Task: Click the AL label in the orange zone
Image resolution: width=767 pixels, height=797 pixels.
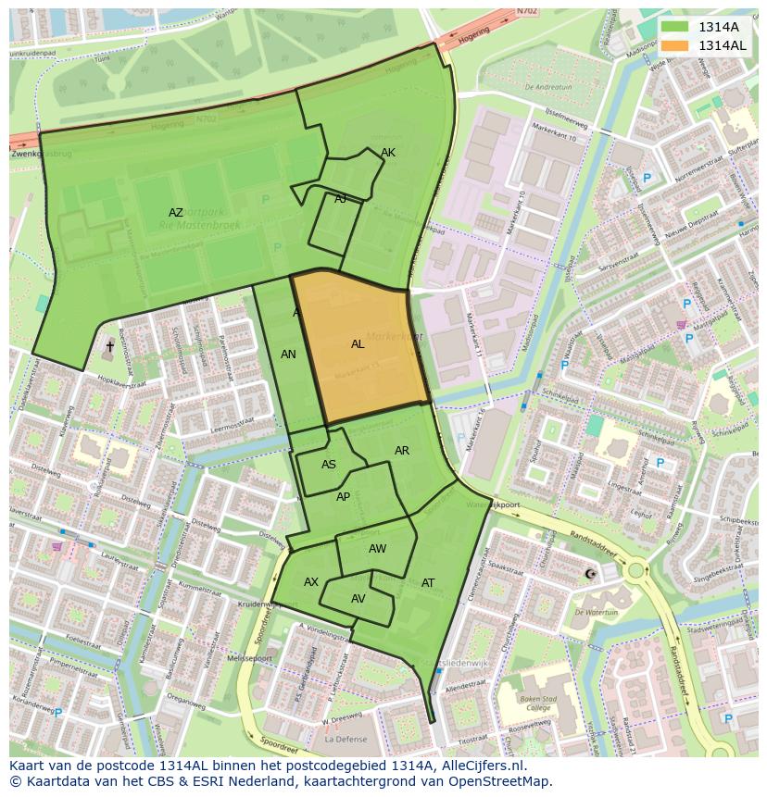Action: click(358, 344)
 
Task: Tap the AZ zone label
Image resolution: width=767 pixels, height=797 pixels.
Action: click(176, 213)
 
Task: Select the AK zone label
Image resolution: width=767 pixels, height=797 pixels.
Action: click(388, 153)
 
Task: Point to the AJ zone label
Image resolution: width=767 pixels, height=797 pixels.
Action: click(340, 198)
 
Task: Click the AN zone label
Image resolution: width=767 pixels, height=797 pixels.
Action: click(288, 355)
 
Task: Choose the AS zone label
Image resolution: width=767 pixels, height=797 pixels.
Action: click(329, 465)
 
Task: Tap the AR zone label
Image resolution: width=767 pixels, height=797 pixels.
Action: click(402, 451)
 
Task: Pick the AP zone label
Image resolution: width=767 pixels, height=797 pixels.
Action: click(344, 497)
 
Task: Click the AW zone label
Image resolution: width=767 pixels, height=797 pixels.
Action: click(377, 549)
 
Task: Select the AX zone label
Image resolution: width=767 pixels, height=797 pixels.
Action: click(311, 582)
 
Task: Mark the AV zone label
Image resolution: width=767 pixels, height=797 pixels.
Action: click(358, 599)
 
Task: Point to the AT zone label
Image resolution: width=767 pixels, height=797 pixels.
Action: click(428, 583)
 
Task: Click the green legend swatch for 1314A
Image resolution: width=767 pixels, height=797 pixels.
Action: click(674, 27)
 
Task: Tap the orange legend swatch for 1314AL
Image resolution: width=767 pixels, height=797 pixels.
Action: click(674, 45)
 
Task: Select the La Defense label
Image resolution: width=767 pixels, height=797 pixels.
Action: click(346, 740)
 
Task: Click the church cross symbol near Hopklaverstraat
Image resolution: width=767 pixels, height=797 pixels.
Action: click(109, 346)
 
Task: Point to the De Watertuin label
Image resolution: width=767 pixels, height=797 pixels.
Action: click(596, 612)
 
